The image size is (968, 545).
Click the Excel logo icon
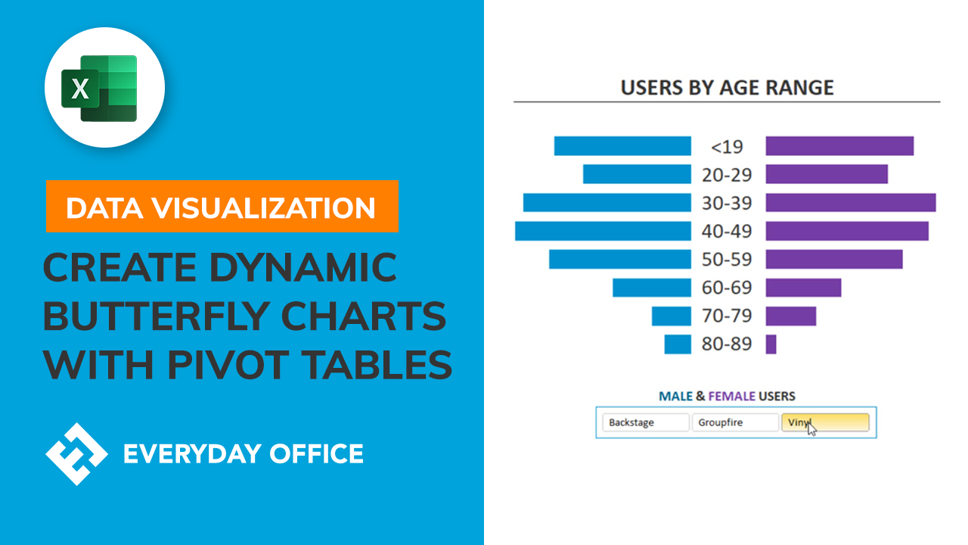105,88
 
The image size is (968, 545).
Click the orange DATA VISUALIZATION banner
222,207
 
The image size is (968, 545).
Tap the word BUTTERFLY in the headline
244,316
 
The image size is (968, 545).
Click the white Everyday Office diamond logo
76,453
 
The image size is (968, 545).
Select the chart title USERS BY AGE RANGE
727,88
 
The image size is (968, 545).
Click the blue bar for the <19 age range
622,146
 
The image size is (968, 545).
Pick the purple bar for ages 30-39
850,203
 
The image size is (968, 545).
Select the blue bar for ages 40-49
603,231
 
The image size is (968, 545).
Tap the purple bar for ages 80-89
771,344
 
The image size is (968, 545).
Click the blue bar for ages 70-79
671,316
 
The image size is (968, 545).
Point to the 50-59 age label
727,260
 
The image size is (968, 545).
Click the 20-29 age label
727,175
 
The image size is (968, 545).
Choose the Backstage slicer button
645,422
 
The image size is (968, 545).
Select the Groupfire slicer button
734,422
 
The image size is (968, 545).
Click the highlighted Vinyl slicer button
825,422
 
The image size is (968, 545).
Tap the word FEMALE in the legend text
732,396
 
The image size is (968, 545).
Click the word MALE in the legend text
675,396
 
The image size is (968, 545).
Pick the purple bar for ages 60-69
803,288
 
